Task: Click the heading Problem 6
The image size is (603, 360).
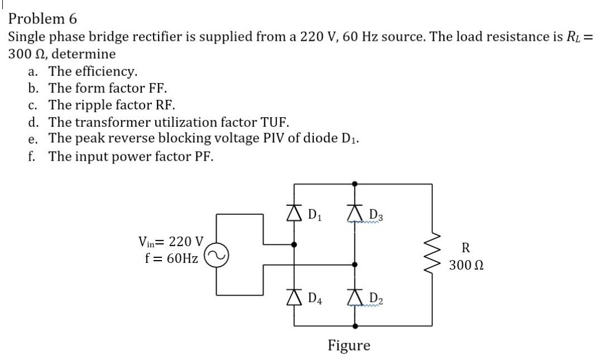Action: click(x=42, y=18)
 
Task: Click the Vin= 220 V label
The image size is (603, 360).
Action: click(x=171, y=242)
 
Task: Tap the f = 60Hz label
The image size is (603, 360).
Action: click(x=171, y=258)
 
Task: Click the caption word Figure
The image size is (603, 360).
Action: click(x=348, y=345)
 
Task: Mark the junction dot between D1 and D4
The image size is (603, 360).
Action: click(x=295, y=244)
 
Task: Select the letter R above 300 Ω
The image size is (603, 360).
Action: click(x=466, y=247)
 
